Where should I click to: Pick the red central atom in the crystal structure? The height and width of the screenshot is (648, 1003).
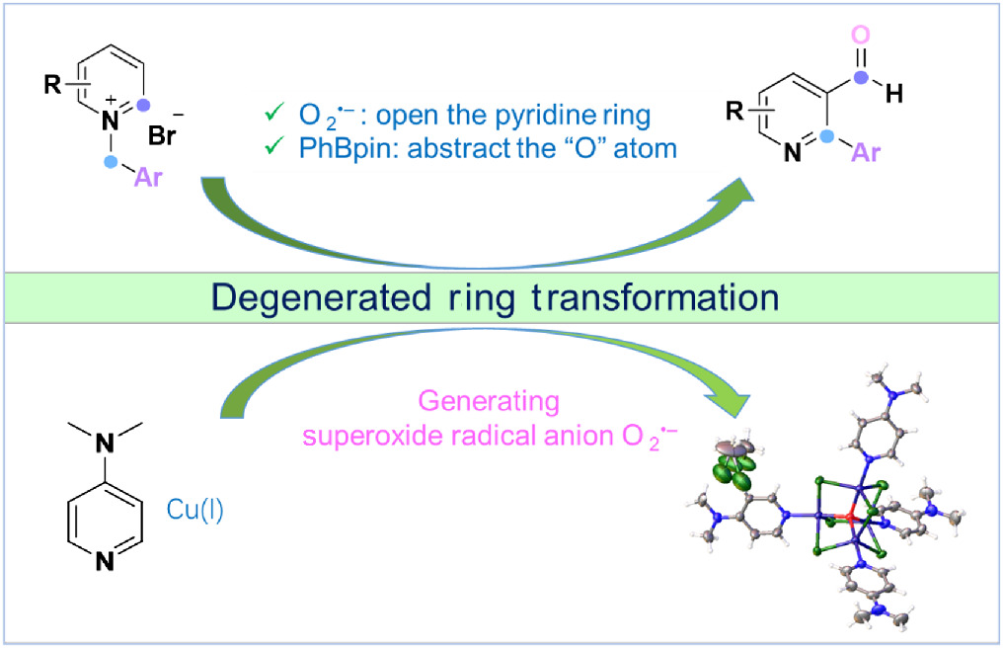pos(850,518)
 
